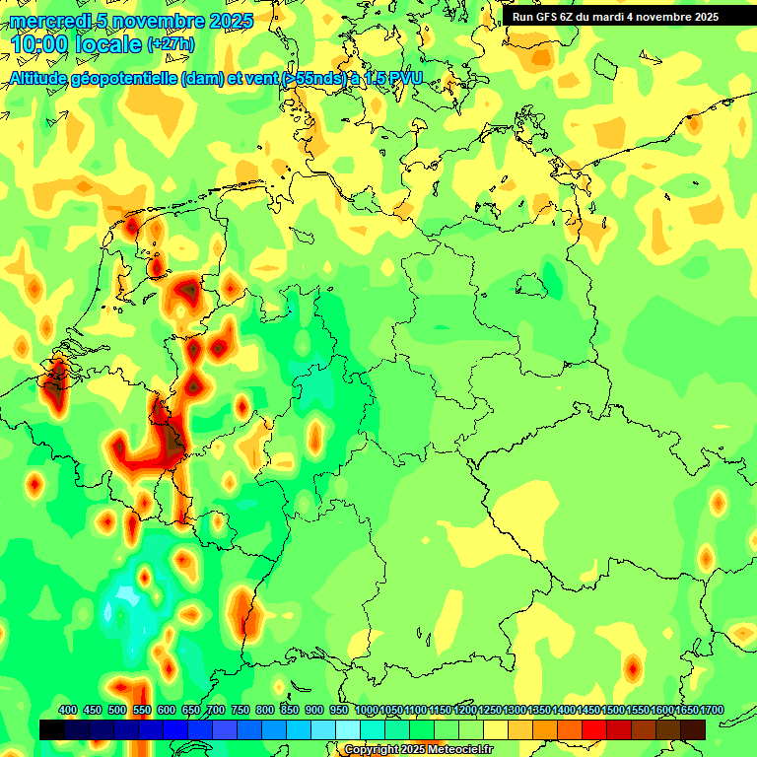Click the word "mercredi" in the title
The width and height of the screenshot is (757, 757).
(x=49, y=21)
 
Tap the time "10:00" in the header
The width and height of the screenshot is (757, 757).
(x=42, y=44)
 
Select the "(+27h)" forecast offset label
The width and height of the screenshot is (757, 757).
(x=171, y=44)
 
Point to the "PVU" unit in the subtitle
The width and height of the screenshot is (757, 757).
(x=403, y=78)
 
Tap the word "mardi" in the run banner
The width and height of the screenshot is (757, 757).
(x=618, y=17)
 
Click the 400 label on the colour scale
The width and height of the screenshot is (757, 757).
(x=68, y=710)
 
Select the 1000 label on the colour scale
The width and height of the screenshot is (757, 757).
(x=367, y=710)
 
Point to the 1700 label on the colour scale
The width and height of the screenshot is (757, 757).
(x=712, y=710)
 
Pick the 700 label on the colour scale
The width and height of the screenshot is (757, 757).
(x=216, y=710)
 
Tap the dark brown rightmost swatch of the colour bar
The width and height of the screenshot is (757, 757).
(x=693, y=729)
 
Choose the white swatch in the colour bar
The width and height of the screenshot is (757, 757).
(x=348, y=729)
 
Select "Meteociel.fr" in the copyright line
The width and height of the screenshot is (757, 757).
(x=459, y=750)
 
